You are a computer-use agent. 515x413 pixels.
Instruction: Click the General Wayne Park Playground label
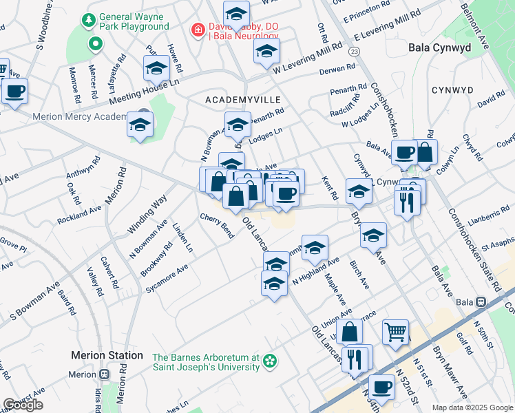[x=134, y=21]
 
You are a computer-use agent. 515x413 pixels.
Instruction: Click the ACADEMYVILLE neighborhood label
[x=238, y=100]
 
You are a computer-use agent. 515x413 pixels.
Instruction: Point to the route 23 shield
[x=354, y=52]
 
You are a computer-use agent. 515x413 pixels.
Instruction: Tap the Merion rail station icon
[x=104, y=374]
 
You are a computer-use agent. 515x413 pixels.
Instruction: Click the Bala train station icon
[x=481, y=302]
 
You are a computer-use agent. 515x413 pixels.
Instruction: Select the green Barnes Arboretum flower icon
[x=271, y=361]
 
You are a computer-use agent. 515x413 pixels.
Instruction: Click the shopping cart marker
[x=395, y=332]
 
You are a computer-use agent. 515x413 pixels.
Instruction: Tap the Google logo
[x=23, y=405]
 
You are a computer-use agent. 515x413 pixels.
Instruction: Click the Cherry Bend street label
[x=217, y=226]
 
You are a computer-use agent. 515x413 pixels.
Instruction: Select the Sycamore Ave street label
[x=167, y=279]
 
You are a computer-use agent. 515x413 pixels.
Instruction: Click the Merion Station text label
[x=107, y=355]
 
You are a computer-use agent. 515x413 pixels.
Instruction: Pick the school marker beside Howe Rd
[x=157, y=69]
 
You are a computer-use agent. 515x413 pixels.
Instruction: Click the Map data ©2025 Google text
[x=472, y=407]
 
